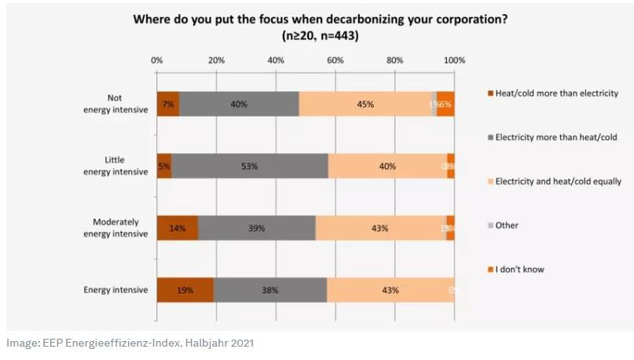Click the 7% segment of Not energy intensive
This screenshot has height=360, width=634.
[167, 104]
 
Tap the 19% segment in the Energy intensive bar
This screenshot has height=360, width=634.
[185, 290]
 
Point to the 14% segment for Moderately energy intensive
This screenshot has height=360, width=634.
[178, 228]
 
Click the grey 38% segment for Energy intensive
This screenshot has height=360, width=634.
[270, 290]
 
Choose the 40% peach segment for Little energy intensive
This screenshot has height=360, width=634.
[387, 166]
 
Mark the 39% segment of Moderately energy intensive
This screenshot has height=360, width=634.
[257, 228]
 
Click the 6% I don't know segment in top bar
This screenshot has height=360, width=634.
[445, 104]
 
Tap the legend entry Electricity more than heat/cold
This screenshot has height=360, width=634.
[555, 138]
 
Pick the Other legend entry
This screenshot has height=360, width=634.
[507, 226]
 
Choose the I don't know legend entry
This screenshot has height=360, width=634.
[519, 269]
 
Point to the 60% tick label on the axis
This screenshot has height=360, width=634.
[335, 60]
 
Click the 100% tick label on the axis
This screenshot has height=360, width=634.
[454, 60]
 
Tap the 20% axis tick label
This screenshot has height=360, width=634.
[216, 60]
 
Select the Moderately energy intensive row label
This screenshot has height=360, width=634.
[116, 228]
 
